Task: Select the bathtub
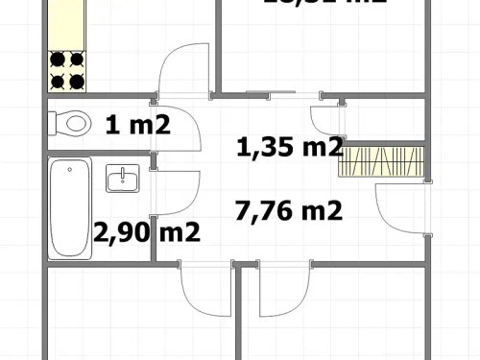click(70, 208)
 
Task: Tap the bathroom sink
click(123, 180)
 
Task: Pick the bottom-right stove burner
click(76, 80)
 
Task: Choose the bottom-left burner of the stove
click(59, 80)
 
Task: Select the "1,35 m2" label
click(289, 147)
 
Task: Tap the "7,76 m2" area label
click(288, 210)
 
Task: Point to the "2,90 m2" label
click(146, 231)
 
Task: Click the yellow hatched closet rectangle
click(381, 161)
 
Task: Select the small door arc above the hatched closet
click(326, 119)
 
